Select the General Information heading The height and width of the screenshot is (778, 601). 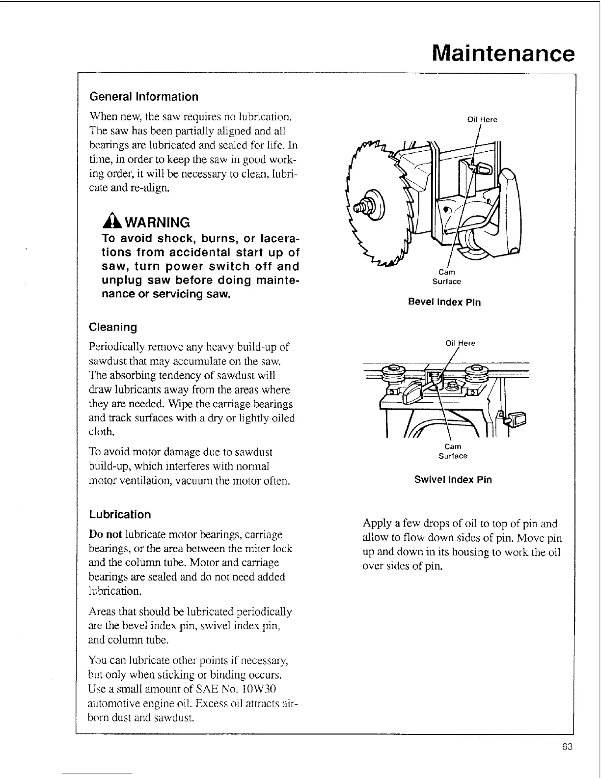click(144, 97)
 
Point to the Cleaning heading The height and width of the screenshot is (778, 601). click(113, 327)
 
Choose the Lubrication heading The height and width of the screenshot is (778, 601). click(120, 515)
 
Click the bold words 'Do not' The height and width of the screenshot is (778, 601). click(105, 534)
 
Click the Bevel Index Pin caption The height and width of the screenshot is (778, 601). click(444, 302)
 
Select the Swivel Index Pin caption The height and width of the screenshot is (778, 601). click(453, 480)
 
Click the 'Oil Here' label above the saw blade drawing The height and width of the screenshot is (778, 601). click(482, 119)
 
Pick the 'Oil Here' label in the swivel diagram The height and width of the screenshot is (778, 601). click(460, 343)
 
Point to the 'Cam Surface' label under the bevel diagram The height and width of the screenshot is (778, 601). click(446, 277)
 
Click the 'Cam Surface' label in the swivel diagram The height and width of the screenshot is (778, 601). click(453, 451)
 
